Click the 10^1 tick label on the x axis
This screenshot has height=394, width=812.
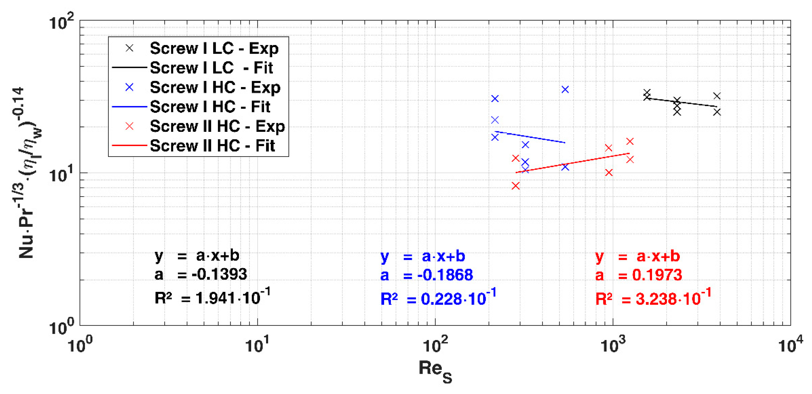point(258,345)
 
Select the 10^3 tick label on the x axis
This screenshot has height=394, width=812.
point(613,345)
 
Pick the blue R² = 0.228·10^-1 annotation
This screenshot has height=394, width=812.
point(438,298)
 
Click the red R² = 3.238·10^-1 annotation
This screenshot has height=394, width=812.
point(653,298)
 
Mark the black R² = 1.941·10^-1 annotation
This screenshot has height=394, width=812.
point(212,297)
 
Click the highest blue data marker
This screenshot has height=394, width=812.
point(565,90)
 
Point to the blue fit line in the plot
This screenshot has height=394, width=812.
point(529,137)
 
